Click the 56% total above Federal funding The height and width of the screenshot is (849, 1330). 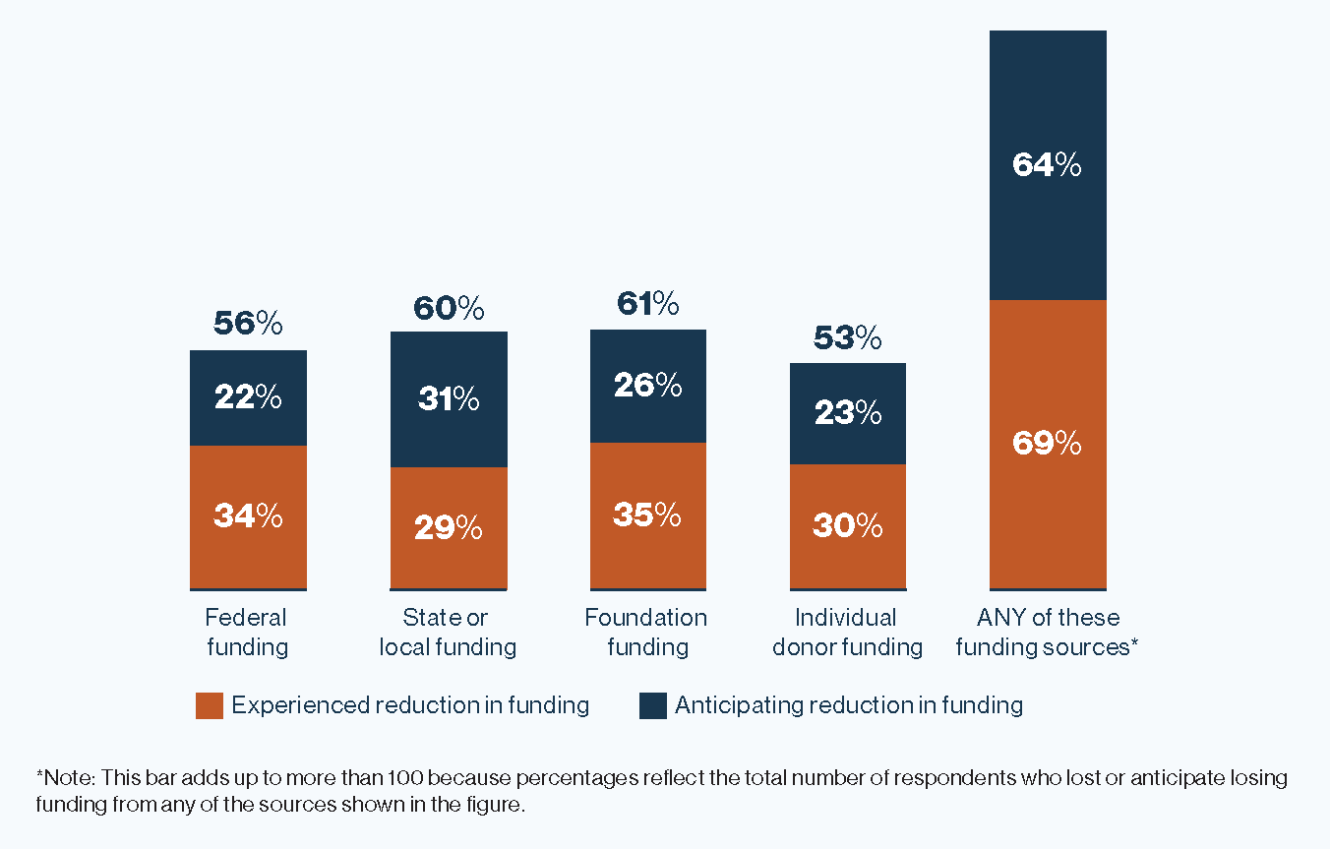point(248,324)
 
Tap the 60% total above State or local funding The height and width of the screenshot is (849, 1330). point(449,308)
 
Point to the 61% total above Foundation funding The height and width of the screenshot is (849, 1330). point(647,304)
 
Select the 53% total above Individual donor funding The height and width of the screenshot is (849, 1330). point(847,337)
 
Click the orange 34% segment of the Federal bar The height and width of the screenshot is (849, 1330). point(248,516)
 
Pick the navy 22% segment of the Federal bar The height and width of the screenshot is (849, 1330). point(248,398)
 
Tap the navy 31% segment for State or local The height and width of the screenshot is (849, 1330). point(449,399)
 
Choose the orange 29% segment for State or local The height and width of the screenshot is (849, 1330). point(449,528)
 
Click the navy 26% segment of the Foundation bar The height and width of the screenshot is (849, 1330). point(647,386)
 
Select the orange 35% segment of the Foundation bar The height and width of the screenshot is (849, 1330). point(647,515)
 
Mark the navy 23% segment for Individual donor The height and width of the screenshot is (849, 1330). point(847,413)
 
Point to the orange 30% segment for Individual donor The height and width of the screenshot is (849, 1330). point(847,526)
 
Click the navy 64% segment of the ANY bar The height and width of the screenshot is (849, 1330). point(1048,165)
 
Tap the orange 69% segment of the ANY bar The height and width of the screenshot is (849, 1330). point(1048,444)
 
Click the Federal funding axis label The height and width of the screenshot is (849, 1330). point(246,632)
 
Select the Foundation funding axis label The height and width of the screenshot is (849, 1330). point(646,632)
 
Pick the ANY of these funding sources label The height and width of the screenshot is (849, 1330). point(1048,632)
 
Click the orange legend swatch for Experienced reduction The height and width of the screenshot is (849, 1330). point(210,705)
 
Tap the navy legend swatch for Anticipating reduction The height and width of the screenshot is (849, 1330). point(653,705)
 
